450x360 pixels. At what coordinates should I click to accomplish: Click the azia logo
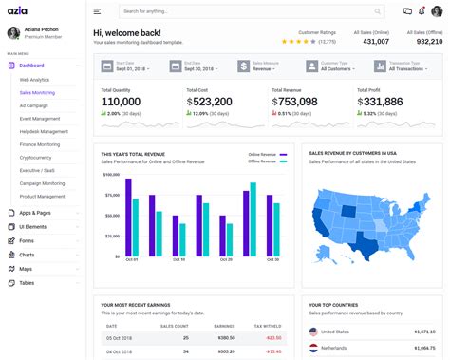click(27, 11)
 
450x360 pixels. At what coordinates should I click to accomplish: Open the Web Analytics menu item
click(36, 80)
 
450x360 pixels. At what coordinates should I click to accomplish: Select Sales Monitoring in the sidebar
click(38, 93)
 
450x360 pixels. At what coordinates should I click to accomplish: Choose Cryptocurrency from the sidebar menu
click(37, 157)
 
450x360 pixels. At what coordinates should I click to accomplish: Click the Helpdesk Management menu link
click(44, 131)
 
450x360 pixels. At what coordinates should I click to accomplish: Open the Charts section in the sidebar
click(28, 255)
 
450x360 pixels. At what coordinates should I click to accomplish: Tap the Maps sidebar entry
click(27, 269)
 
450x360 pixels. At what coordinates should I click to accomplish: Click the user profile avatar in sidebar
click(13, 33)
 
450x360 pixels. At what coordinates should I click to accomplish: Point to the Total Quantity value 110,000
click(121, 102)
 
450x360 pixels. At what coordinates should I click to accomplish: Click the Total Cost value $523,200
click(210, 102)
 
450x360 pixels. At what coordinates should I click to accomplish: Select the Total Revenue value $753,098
click(294, 102)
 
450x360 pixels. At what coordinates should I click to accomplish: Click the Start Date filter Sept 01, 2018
click(131, 69)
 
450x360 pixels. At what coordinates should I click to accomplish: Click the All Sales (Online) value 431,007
click(376, 42)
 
